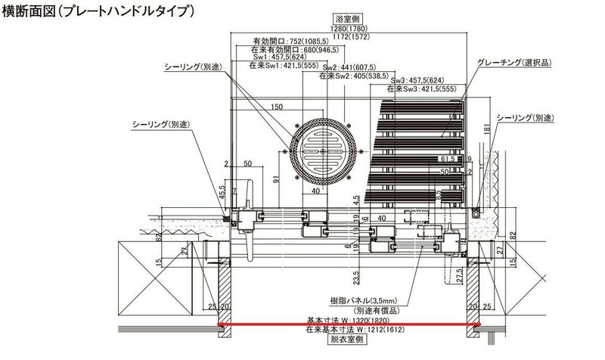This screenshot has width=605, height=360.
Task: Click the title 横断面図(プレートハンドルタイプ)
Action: pos(98,11)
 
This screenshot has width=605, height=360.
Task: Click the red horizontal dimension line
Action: pos(348,326)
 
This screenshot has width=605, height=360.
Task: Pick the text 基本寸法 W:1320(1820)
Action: pos(347,320)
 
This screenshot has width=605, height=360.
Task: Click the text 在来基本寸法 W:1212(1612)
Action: pos(347,331)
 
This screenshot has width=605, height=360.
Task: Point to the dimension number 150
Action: pos(277,107)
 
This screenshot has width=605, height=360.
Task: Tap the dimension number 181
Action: pos(487,129)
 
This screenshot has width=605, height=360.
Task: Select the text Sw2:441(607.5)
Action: pos(353,67)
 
